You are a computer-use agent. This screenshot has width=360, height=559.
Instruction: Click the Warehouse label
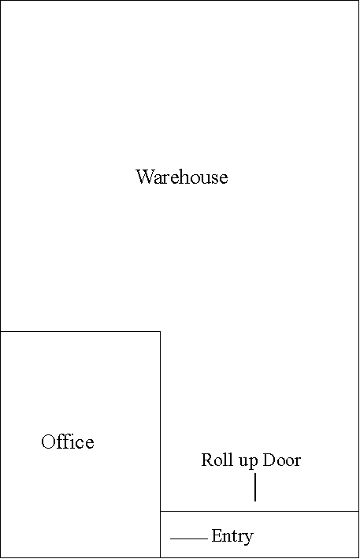pyautogui.click(x=182, y=177)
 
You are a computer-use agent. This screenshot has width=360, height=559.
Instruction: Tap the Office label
pyautogui.click(x=68, y=442)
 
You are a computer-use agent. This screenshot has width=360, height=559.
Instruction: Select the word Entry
pyautogui.click(x=232, y=537)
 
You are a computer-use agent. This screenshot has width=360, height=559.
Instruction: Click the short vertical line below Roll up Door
pyautogui.click(x=255, y=487)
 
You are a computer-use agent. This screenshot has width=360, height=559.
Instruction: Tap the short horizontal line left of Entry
pyautogui.click(x=189, y=539)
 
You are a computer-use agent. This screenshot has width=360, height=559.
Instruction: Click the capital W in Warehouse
pyautogui.click(x=146, y=177)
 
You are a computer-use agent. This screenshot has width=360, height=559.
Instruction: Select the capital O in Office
pyautogui.click(x=49, y=442)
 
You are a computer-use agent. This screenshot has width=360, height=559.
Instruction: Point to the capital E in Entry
pyautogui.click(x=217, y=535)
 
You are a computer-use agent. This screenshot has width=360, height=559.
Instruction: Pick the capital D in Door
pyautogui.click(x=269, y=460)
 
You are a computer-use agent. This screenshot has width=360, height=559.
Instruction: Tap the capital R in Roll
pyautogui.click(x=208, y=460)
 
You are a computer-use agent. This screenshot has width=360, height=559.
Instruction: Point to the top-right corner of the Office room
pyautogui.click(x=160, y=332)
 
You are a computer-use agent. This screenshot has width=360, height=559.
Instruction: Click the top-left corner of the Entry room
pyautogui.click(x=160, y=511)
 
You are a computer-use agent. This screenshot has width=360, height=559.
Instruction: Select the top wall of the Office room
pyautogui.click(x=80, y=332)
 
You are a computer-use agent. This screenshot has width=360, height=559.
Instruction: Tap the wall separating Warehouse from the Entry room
pyautogui.click(x=260, y=511)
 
